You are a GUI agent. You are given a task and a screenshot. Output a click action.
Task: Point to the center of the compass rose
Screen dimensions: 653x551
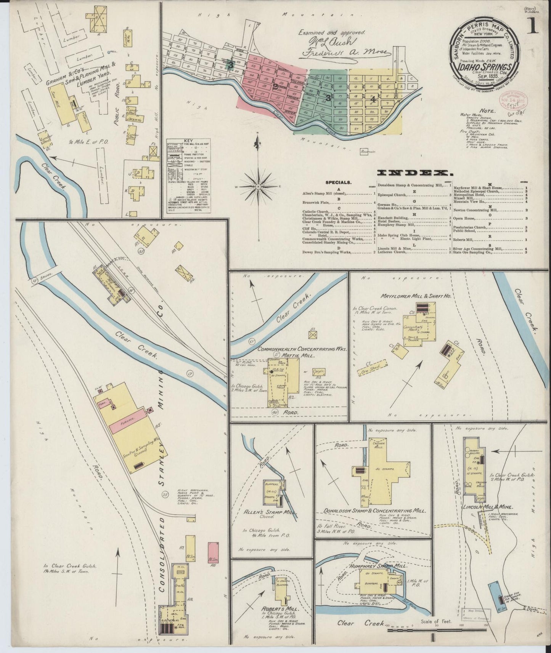tap(258, 187)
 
